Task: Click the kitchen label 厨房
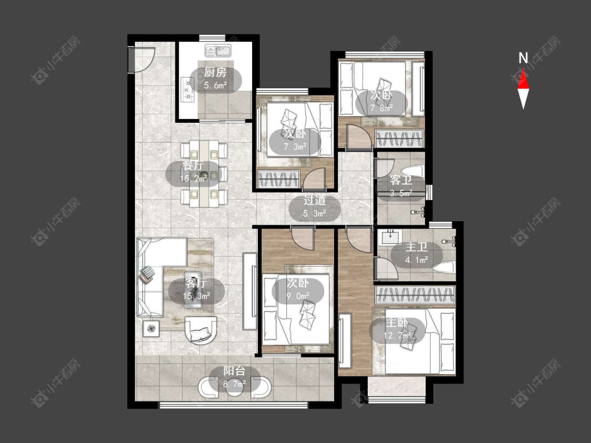(x=215, y=72)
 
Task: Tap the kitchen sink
(x=218, y=50)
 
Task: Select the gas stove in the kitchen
(x=188, y=90)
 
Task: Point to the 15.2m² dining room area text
(x=194, y=178)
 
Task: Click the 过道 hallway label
(x=315, y=201)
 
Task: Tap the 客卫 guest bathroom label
(x=401, y=181)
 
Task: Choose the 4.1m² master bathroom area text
(x=417, y=260)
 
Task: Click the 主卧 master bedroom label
(x=397, y=322)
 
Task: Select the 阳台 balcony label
(x=234, y=371)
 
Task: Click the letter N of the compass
(x=523, y=58)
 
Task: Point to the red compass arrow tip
(x=523, y=69)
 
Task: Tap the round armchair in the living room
(x=201, y=330)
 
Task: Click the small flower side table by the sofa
(x=151, y=329)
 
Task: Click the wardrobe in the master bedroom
(x=415, y=294)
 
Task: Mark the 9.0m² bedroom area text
(x=298, y=296)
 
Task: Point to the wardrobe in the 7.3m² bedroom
(x=278, y=178)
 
